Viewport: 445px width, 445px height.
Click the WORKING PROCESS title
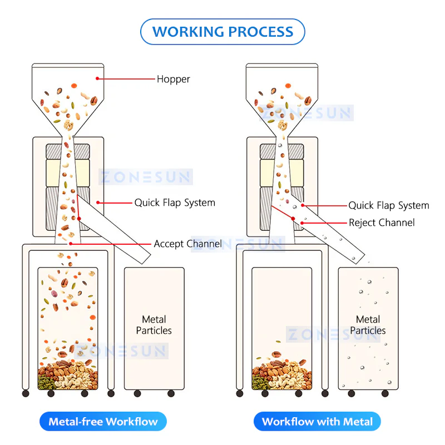[x=222, y=32]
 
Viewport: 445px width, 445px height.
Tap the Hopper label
[x=174, y=79]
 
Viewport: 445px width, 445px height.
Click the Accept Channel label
[x=188, y=244]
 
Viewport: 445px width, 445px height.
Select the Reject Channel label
[x=382, y=223]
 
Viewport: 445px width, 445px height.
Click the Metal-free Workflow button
[x=103, y=422]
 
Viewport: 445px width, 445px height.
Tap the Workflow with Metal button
[x=317, y=422]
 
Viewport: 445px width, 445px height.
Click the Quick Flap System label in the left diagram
[x=175, y=203]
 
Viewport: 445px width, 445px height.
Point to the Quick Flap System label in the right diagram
[x=389, y=205]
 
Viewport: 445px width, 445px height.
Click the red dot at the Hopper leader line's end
[x=97, y=78]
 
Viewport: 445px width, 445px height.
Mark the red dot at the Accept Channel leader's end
[x=71, y=244]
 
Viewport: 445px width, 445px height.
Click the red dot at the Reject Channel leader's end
[x=302, y=223]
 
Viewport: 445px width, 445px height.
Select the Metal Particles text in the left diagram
[x=154, y=325]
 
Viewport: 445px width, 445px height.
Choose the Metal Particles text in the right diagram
[x=368, y=325]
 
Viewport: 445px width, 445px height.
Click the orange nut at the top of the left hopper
[x=74, y=86]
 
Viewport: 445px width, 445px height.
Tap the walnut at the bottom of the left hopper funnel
[x=68, y=125]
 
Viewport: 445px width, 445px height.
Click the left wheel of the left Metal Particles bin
[x=137, y=394]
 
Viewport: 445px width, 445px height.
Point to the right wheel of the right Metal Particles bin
[x=385, y=394]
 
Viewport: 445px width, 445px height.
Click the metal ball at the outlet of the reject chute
[x=354, y=258]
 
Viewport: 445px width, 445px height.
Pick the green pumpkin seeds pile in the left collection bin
[x=47, y=382]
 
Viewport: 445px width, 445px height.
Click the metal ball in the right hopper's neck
[x=280, y=145]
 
